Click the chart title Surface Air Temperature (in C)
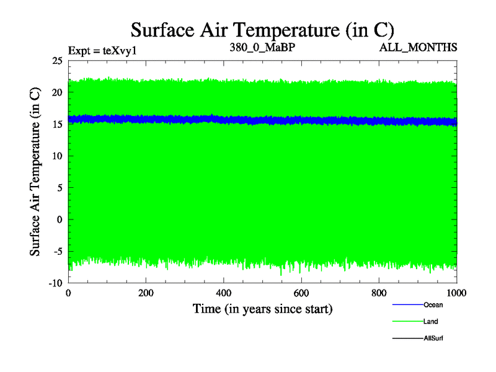pyautogui.click(x=262, y=29)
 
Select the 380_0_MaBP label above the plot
pyautogui.click(x=262, y=47)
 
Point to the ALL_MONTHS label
pyautogui.click(x=425, y=47)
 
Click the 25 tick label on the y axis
pyautogui.click(x=57, y=61)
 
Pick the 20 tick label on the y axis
pyautogui.click(x=57, y=92)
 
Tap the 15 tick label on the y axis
pyautogui.click(x=57, y=124)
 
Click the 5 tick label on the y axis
pyautogui.click(x=60, y=188)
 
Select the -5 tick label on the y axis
pyautogui.click(x=58, y=252)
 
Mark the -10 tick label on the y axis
pyautogui.click(x=56, y=283)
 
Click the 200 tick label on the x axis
pyautogui.click(x=146, y=293)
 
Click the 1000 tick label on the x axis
pyautogui.click(x=456, y=293)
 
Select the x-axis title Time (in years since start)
pyautogui.click(x=262, y=308)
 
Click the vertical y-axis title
pyautogui.click(x=36, y=172)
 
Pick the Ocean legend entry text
pyautogui.click(x=433, y=304)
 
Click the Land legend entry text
pyautogui.click(x=431, y=321)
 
